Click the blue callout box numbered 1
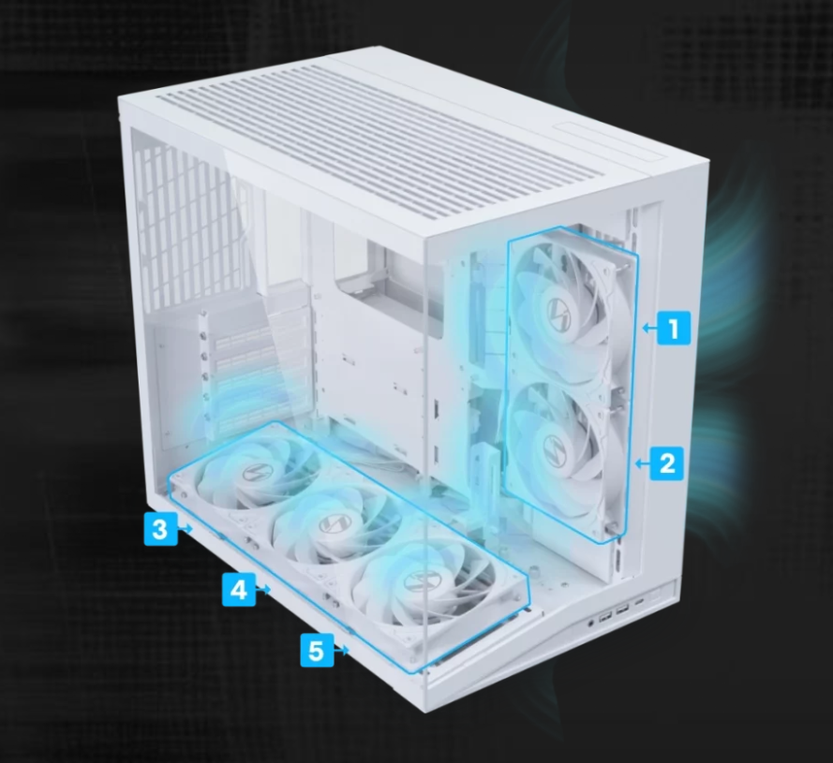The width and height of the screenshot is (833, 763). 674,328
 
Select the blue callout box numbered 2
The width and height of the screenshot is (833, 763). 667,463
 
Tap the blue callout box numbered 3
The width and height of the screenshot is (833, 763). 160,529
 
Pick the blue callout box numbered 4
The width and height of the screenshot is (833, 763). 239,589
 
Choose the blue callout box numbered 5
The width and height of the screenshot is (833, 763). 317,650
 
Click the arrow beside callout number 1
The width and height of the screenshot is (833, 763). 649,329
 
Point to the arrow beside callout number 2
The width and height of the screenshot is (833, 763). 643,464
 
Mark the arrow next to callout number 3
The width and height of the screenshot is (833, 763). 185,529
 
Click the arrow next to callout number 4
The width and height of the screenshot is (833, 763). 263,589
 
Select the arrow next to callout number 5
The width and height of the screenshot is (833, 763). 341,650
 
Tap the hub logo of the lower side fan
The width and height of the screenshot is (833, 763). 555,446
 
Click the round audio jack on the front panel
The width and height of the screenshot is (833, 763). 591,623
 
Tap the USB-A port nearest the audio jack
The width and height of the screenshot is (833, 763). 605,618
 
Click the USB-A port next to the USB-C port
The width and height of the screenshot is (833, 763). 623,610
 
